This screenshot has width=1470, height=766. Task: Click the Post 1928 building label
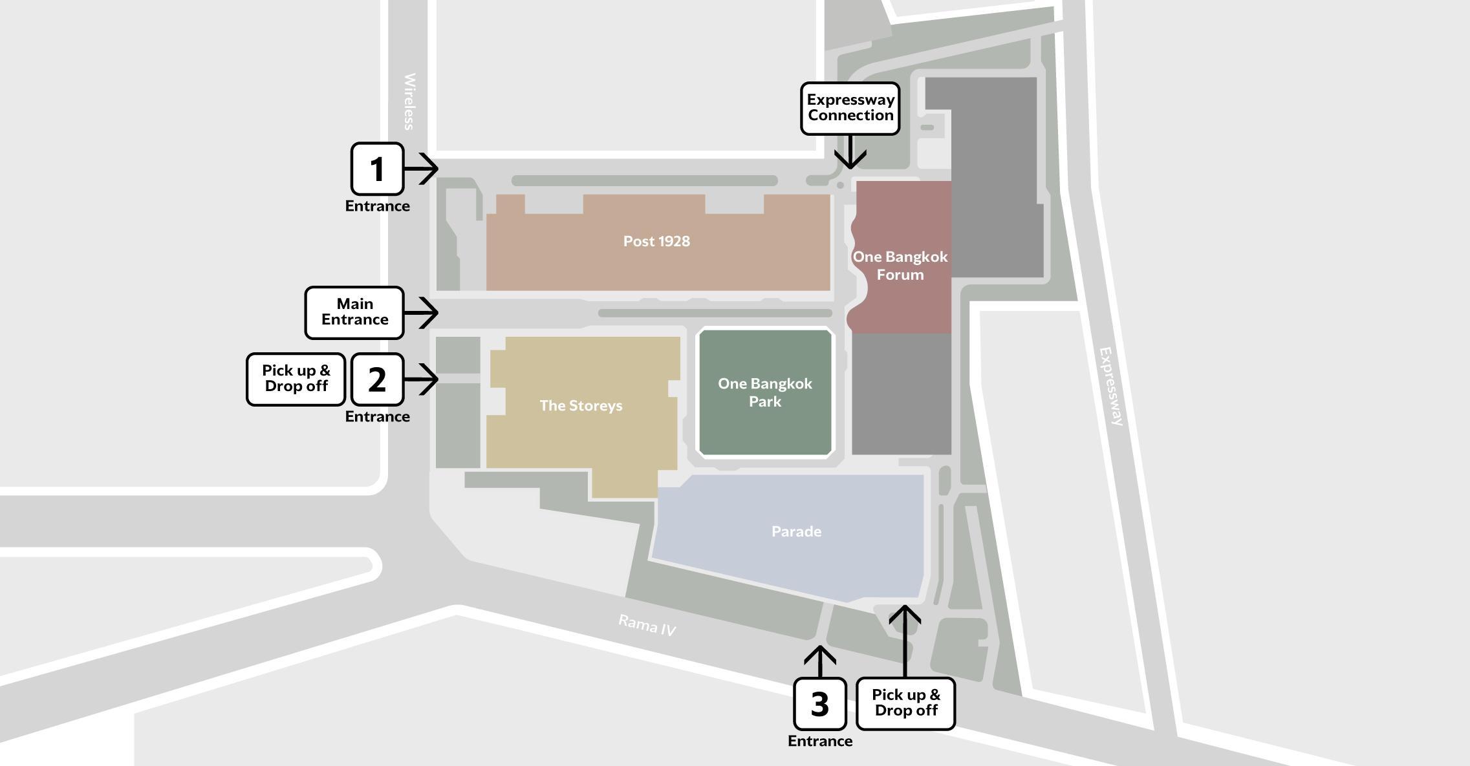pos(656,241)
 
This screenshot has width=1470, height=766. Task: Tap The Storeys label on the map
pos(581,405)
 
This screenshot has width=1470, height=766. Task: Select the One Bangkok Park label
pos(765,392)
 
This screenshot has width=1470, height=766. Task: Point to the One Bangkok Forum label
pos(900,265)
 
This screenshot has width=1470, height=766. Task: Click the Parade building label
pos(796,531)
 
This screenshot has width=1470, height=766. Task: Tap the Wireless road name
pos(409,101)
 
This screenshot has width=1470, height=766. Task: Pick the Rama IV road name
pos(647,625)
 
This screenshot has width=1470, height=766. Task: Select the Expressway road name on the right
pos(1112,386)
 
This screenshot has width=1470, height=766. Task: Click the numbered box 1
pos(377,169)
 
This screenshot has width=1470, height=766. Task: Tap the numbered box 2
pos(377,379)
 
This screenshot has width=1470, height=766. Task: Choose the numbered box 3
pos(819,704)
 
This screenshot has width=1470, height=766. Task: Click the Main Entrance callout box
pos(354,312)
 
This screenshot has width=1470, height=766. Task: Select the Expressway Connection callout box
pos(850,108)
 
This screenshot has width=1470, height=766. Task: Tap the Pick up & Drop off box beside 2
pos(296,379)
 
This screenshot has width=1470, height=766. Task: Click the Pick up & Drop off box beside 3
pos(905,703)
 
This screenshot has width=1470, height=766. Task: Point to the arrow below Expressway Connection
pos(850,153)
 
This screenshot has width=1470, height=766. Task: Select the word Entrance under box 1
pos(377,206)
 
